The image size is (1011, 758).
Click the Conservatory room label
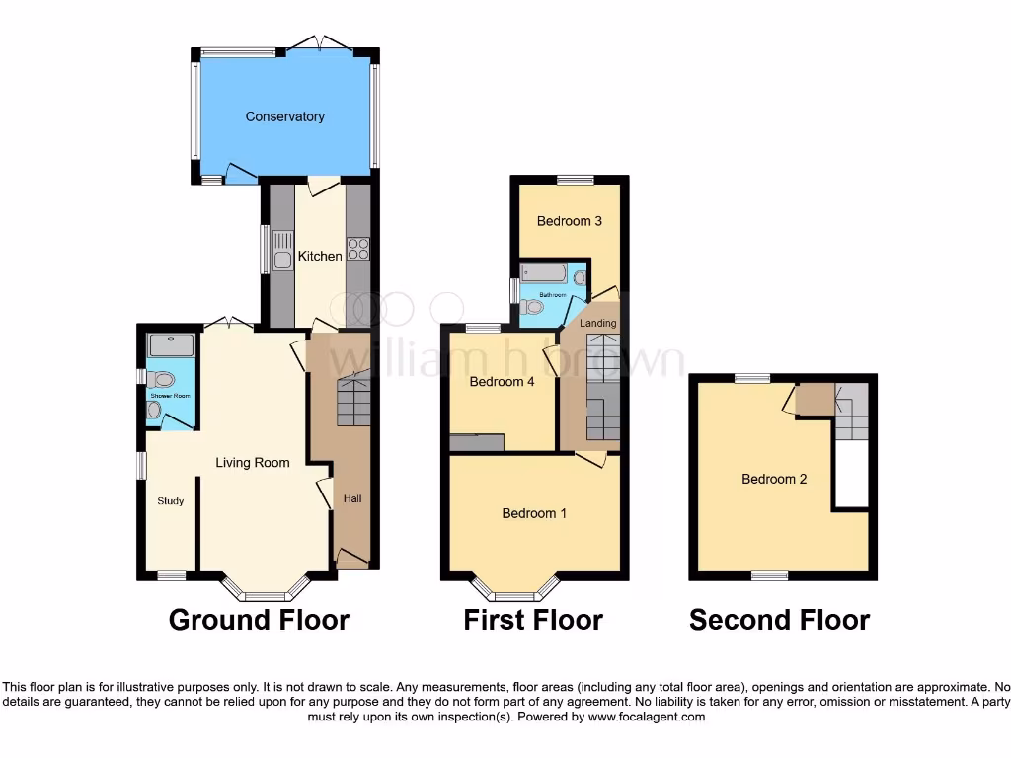pyautogui.click(x=285, y=116)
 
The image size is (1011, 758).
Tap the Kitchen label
pyautogui.click(x=320, y=256)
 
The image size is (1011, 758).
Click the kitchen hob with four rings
pyautogui.click(x=357, y=249)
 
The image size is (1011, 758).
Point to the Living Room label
pyautogui.click(x=254, y=462)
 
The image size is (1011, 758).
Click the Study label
pyautogui.click(x=171, y=501)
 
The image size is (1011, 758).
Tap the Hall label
pyautogui.click(x=352, y=499)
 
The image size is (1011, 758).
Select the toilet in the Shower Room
pyautogui.click(x=162, y=378)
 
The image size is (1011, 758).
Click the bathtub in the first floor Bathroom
pyautogui.click(x=543, y=273)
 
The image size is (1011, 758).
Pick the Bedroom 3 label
pyautogui.click(x=570, y=221)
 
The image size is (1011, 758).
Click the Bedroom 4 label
pyautogui.click(x=502, y=381)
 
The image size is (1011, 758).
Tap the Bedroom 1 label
pyautogui.click(x=534, y=513)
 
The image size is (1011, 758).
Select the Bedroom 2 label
pyautogui.click(x=775, y=479)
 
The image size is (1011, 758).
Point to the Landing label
pyautogui.click(x=598, y=323)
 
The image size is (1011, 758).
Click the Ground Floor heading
pyautogui.click(x=259, y=620)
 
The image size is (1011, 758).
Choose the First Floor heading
pyautogui.click(x=533, y=620)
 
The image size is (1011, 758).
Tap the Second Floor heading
pyautogui.click(x=779, y=620)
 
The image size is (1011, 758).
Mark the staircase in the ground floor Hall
pyautogui.click(x=353, y=400)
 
